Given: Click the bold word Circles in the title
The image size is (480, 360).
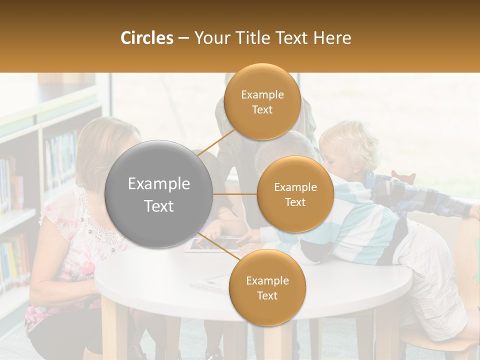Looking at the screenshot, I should (146, 38).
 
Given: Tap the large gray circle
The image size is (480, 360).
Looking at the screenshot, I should (159, 194).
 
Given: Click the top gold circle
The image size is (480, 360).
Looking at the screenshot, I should (262, 101).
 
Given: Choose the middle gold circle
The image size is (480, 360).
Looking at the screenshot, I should (295, 194).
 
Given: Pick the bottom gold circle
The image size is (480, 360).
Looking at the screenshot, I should (267, 287).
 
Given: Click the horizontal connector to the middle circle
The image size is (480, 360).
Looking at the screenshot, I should (235, 194).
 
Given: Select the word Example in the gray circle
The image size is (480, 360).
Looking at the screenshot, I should (159, 184).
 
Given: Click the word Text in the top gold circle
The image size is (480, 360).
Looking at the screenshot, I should (262, 110).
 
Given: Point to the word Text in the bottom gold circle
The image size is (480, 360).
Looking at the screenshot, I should (267, 296).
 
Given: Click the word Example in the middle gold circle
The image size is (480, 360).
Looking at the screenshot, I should (295, 187).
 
